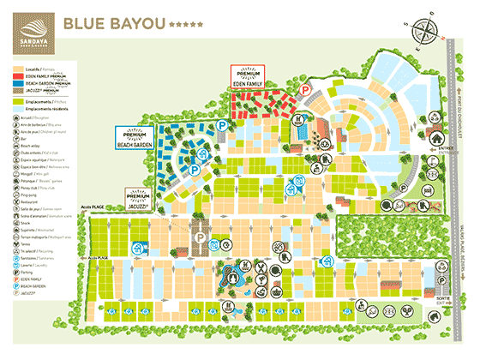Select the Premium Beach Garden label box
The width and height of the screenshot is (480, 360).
coord(135,140)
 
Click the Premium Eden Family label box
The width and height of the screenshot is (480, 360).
coord(249,76)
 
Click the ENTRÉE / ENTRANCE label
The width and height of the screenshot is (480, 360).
coord(445,147)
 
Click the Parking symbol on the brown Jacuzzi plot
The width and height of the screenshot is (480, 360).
coord(200,234)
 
